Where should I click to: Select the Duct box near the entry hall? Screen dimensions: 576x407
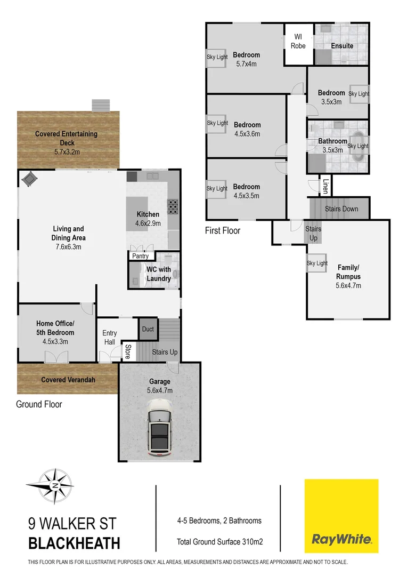(x=148, y=329)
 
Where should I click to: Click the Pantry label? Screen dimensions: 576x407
(x=141, y=256)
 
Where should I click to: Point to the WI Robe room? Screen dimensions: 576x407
(x=298, y=42)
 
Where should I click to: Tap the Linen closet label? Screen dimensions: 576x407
(x=325, y=186)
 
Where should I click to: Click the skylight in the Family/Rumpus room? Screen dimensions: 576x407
(x=317, y=263)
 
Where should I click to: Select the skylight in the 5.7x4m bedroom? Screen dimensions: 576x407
(x=217, y=57)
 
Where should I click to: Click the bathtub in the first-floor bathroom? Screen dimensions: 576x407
(x=358, y=146)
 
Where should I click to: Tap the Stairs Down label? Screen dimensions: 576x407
(x=341, y=209)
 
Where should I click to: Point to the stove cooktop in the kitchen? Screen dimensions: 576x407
(x=174, y=206)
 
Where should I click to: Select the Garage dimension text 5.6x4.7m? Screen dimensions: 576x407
(x=159, y=390)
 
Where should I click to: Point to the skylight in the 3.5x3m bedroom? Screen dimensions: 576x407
(x=359, y=94)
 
